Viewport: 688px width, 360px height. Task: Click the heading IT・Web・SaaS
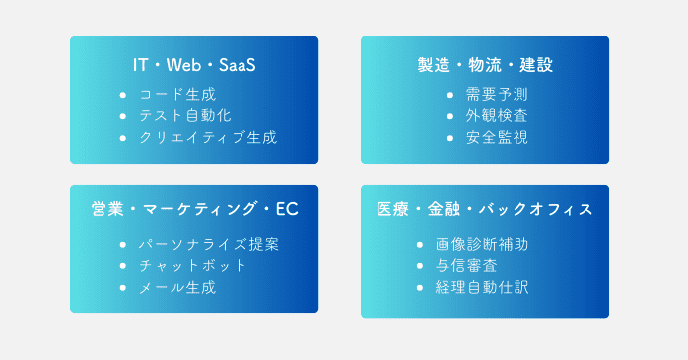[194, 65]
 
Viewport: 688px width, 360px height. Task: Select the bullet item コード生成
[178, 95]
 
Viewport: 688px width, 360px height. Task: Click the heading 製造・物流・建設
[485, 65]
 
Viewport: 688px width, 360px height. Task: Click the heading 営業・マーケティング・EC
[194, 209]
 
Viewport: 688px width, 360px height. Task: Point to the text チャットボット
[193, 265]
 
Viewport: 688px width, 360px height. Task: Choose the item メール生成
[177, 287]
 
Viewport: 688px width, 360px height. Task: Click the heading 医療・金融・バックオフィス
[485, 209]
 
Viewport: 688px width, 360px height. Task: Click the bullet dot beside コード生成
[122, 95]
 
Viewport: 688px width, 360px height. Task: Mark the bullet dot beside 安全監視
[449, 138]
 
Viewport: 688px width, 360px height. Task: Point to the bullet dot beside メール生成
[122, 287]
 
